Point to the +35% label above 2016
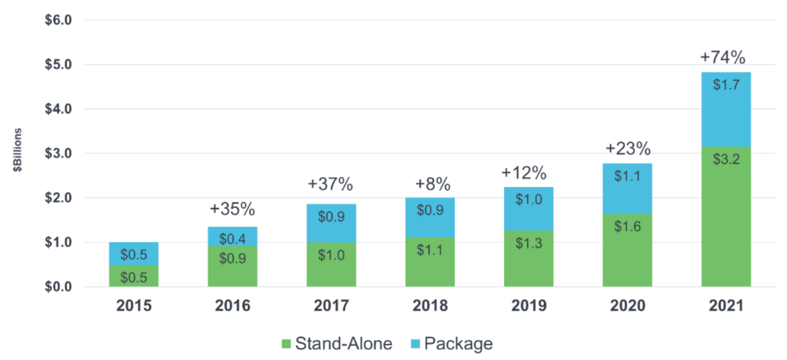click(x=232, y=209)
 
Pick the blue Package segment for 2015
click(x=134, y=254)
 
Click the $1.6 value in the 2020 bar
click(x=627, y=226)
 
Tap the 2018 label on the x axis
click(x=429, y=306)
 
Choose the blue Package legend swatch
click(x=415, y=344)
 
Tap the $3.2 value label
click(x=726, y=159)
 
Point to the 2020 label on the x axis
click(x=627, y=306)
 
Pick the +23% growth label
click(x=628, y=150)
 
